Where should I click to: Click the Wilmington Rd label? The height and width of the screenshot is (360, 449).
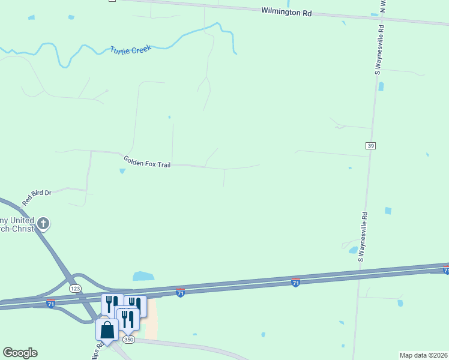(286, 11)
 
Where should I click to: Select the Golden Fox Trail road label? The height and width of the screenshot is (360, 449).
(147, 161)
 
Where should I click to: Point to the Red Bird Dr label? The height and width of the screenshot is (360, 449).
(37, 197)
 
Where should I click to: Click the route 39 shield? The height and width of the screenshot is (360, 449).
(371, 146)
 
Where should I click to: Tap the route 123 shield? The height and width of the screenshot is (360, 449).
(75, 289)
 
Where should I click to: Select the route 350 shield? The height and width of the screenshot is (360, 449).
(128, 340)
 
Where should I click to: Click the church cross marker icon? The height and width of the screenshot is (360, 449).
(43, 224)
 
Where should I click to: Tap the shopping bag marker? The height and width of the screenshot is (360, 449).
(107, 330)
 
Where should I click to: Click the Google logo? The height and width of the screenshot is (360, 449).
(20, 353)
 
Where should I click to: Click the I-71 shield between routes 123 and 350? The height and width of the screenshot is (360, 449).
(180, 292)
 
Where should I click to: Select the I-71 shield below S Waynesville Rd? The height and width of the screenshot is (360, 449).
(295, 281)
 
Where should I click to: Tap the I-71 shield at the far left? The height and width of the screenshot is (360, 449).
(50, 304)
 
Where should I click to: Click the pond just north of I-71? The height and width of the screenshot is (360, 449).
(143, 276)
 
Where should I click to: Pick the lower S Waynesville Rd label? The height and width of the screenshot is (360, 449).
(363, 236)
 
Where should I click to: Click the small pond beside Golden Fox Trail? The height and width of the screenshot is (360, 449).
(122, 171)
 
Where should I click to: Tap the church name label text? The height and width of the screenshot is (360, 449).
(18, 224)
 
